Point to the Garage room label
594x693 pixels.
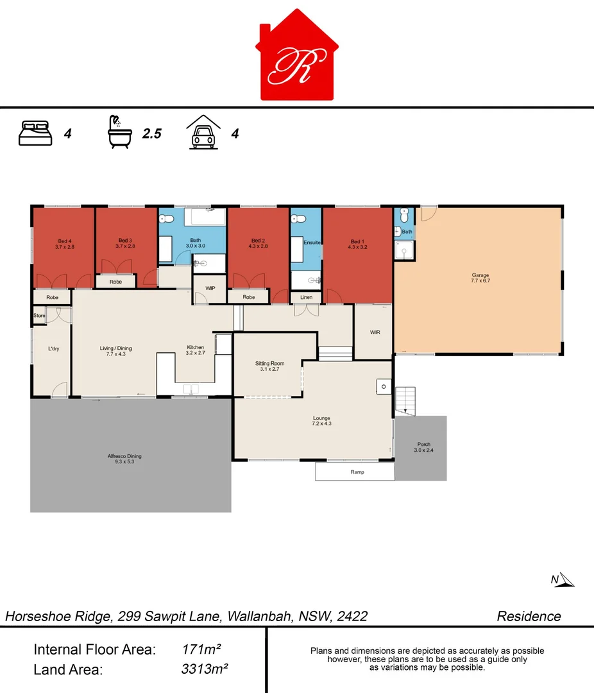pos(480,275)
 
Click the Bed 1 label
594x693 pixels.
pos(357,241)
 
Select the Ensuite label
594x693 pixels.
pos(312,243)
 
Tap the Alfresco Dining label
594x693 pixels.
pos(124,456)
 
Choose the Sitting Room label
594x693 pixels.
pos(269,363)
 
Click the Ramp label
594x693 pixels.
pos(357,472)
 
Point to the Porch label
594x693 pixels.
pos(424,445)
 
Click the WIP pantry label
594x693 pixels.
pos(210,288)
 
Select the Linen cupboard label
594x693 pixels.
pos(307,297)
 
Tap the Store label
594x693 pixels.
pos(40,316)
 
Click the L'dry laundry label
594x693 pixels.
pos(54,348)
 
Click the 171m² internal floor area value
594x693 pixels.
pos(202,649)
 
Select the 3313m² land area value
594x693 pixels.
pos(205,669)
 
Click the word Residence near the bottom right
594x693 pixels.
pos(529,616)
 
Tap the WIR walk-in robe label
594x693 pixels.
pos(375,332)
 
